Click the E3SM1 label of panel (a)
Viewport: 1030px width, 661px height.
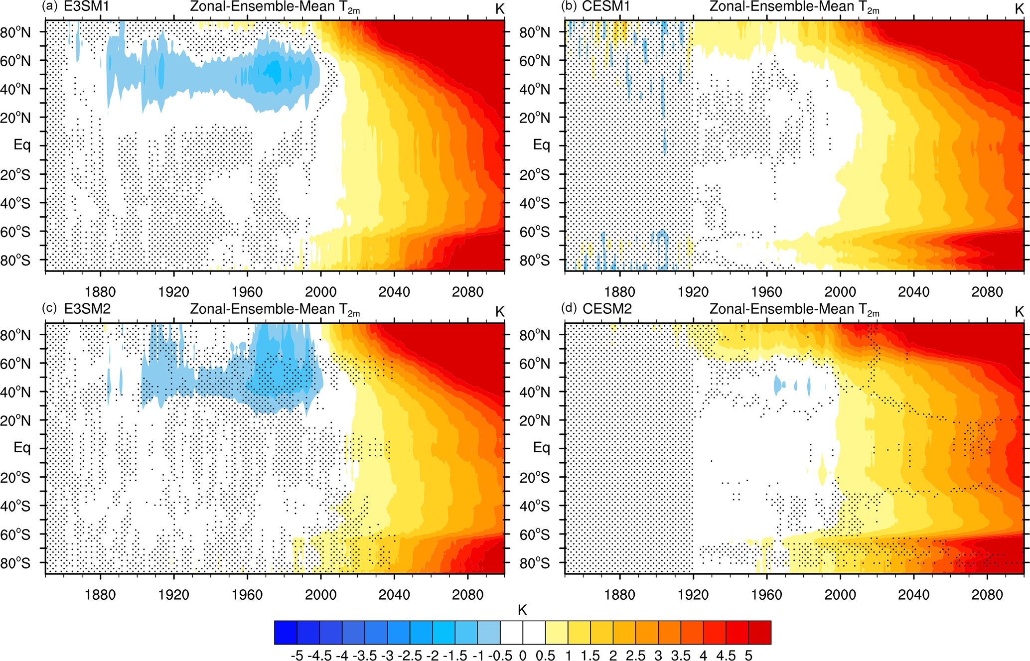[86, 7]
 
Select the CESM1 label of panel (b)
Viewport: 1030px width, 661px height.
[606, 7]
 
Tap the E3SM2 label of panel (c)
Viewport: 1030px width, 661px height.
[87, 309]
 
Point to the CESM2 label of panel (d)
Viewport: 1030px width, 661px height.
[607, 309]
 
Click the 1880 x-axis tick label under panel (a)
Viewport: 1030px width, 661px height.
[100, 291]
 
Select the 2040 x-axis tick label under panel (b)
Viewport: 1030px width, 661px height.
[913, 291]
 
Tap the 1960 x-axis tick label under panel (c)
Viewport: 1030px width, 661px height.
[247, 594]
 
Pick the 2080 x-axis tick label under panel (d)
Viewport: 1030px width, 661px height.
[987, 594]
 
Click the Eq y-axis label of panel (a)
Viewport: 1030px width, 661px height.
[22, 145]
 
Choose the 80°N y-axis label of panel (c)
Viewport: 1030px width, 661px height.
[15, 335]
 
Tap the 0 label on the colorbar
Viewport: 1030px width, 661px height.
[523, 655]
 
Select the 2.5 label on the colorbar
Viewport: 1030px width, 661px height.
[635, 655]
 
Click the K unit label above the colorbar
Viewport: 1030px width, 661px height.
[522, 610]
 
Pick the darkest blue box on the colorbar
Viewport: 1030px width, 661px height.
[286, 633]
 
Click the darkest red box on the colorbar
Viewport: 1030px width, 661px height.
[760, 633]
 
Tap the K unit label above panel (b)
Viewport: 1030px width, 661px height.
[1019, 8]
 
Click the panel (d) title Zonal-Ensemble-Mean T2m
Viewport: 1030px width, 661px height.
[794, 309]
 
